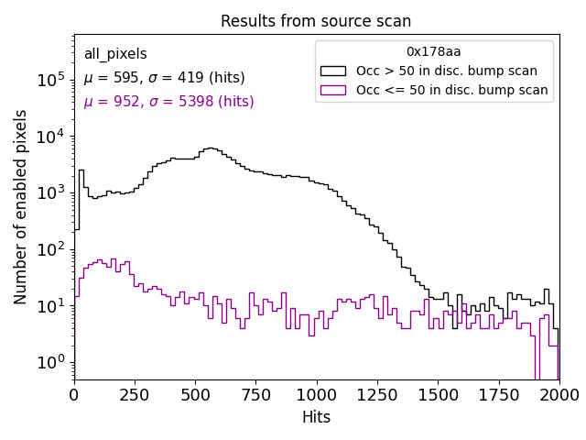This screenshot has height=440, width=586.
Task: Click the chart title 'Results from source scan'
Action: [x=316, y=21]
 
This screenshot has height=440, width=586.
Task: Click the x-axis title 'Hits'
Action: [x=316, y=417]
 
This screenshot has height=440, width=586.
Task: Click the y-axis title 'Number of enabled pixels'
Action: [x=21, y=206]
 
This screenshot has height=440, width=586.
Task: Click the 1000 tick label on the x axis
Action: [x=316, y=394]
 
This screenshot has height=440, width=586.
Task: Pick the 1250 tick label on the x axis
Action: [x=376, y=394]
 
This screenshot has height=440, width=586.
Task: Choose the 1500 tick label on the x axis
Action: [x=438, y=394]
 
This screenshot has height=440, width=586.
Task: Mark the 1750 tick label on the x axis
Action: [x=498, y=394]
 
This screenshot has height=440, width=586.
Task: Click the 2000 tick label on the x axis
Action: [x=559, y=394]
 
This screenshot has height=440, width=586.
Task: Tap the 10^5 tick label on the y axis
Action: [x=49, y=80]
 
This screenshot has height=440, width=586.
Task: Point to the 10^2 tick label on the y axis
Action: [x=49, y=249]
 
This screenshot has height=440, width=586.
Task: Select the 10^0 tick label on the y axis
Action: [x=49, y=362]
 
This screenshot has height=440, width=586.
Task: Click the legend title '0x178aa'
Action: [x=434, y=52]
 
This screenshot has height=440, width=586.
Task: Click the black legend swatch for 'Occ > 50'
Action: [x=333, y=71]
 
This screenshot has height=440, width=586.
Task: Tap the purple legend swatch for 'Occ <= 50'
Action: [x=333, y=90]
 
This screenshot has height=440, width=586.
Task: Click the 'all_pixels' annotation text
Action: [x=115, y=54]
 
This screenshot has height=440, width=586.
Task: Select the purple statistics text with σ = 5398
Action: [x=168, y=102]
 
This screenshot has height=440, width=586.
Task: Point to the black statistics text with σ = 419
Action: [x=164, y=78]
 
